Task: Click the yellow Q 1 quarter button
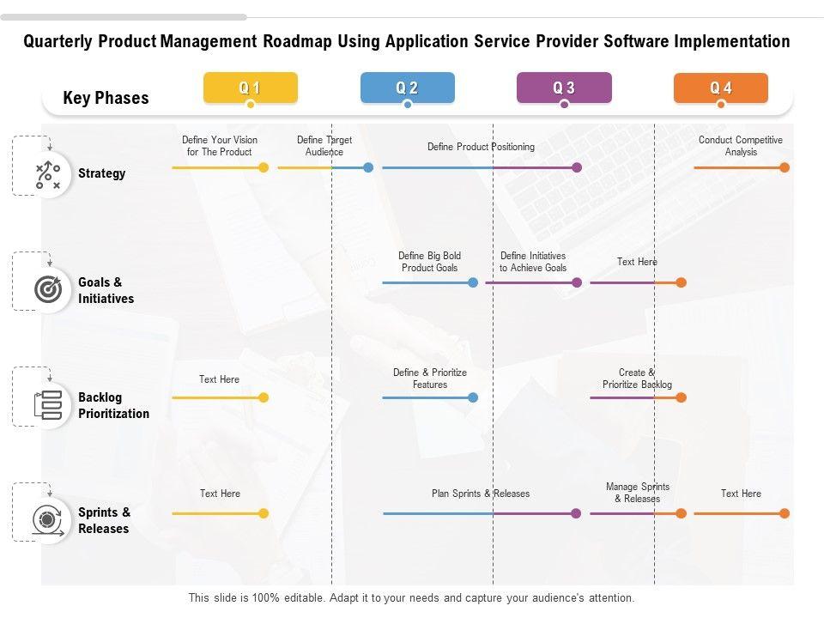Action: (250, 88)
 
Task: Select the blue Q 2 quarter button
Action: (407, 88)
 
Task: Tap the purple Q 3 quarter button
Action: (564, 88)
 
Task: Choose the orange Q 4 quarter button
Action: (720, 88)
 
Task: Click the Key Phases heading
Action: (106, 98)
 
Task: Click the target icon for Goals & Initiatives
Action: (47, 290)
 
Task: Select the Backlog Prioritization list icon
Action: (47, 405)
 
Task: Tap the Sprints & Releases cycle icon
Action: (47, 520)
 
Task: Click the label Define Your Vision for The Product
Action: (220, 146)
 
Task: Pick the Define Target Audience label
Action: (324, 146)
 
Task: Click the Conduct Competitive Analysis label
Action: (741, 146)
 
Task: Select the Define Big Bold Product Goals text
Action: (430, 262)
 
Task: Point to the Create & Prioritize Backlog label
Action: (637, 379)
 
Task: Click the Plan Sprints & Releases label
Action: (481, 494)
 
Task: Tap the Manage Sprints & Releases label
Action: (638, 493)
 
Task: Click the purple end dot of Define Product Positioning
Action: (577, 167)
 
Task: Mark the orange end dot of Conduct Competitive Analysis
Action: (785, 167)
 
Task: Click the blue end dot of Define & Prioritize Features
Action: (473, 397)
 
